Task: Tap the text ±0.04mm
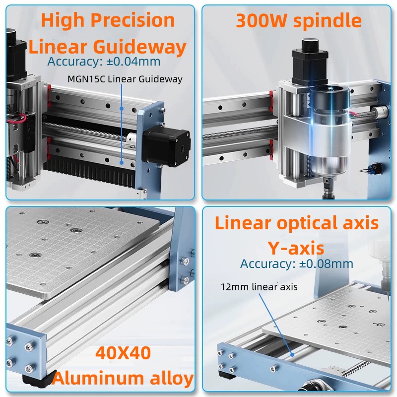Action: [x=133, y=62]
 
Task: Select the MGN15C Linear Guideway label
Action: [x=125, y=79]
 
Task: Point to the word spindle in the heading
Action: [x=327, y=21]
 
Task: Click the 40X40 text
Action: [x=123, y=353]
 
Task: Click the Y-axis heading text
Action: [x=296, y=248]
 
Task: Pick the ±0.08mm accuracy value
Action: [x=326, y=264]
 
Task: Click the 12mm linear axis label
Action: [x=259, y=287]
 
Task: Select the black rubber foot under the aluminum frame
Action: [x=39, y=378]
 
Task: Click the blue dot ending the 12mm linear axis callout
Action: [x=292, y=354]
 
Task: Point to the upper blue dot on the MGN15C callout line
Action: [x=122, y=109]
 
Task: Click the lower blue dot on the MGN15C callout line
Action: [x=122, y=163]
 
